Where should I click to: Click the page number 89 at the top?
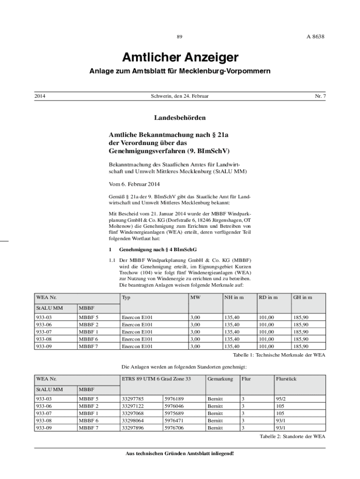180,36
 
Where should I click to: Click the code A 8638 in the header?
316,36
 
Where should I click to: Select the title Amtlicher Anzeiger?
180,58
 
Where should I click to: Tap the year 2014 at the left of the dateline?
40,96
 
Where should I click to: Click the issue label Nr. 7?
320,96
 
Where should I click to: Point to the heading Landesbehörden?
180,117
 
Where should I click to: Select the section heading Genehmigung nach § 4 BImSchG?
158,250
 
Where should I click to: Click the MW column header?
195,298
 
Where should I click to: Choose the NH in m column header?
234,298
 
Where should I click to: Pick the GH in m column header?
302,298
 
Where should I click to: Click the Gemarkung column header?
220,379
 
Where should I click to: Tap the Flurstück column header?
286,379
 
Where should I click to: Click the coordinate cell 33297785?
132,399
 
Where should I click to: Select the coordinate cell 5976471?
174,421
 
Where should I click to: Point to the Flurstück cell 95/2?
281,399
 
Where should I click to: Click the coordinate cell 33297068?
132,414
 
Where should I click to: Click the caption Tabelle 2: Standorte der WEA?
292,436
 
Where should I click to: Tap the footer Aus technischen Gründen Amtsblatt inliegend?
180,454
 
